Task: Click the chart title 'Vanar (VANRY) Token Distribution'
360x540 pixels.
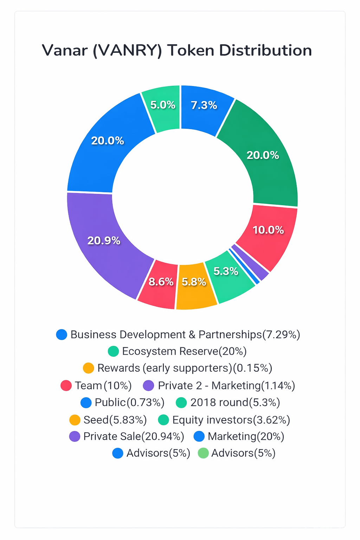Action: [x=177, y=50]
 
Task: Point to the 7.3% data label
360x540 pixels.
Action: [x=204, y=105]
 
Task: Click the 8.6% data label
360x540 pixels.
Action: [x=161, y=282]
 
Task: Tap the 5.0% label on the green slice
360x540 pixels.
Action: [x=163, y=105]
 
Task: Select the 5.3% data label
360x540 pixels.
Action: [x=226, y=271]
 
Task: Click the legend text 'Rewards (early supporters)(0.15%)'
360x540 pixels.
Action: [x=185, y=368]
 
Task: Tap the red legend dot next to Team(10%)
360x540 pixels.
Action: [x=66, y=386]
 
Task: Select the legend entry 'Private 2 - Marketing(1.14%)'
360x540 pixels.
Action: [x=226, y=386]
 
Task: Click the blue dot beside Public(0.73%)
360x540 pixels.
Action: [x=86, y=403]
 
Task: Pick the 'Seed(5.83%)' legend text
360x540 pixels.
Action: [x=115, y=420]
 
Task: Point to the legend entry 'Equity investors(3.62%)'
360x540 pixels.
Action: [x=231, y=420]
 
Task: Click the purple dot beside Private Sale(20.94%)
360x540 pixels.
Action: [x=75, y=436]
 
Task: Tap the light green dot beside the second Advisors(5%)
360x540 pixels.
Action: [x=204, y=453]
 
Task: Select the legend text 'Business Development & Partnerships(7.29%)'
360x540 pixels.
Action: [x=185, y=334]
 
